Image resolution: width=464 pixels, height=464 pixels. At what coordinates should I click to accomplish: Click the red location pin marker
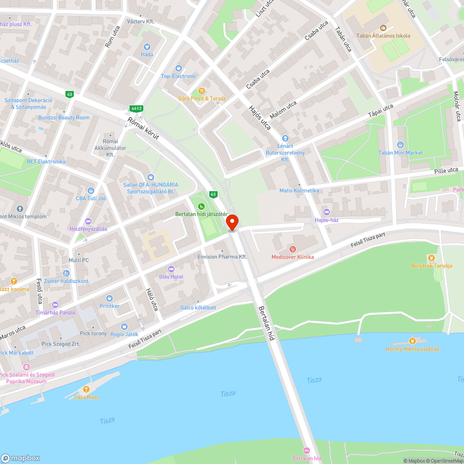[232, 222]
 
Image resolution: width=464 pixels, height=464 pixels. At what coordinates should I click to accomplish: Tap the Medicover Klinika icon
[292, 250]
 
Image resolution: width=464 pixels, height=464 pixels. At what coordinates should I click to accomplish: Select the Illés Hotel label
[173, 277]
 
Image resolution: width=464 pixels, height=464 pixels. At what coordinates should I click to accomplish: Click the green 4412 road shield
[136, 109]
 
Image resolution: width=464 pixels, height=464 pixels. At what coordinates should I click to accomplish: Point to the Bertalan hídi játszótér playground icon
[201, 206]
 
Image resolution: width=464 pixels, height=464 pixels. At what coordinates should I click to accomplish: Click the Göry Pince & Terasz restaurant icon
[202, 91]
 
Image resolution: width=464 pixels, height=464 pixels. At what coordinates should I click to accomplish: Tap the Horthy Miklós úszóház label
[412, 349]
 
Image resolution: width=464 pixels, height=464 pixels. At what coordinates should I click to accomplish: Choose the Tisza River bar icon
[85, 389]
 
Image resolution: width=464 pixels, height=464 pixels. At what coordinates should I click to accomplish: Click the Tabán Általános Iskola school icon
[383, 28]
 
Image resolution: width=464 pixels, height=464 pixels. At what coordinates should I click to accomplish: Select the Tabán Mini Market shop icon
[401, 145]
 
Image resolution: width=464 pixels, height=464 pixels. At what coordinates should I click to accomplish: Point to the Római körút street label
[143, 129]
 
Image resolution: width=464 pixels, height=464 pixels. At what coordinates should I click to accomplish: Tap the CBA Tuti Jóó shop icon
[91, 191]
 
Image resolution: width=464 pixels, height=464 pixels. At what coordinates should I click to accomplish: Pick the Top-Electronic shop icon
[179, 68]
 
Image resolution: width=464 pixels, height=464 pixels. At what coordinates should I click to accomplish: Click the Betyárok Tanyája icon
[432, 258]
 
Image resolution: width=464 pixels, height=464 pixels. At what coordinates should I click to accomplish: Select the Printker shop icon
[110, 298]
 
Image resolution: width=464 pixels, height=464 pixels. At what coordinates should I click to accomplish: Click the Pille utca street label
[447, 171]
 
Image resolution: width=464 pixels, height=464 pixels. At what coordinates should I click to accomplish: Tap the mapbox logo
[20, 458]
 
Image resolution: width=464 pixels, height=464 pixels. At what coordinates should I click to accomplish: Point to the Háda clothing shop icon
[147, 46]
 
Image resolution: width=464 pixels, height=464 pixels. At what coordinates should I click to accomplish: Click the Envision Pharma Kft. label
[222, 257]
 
